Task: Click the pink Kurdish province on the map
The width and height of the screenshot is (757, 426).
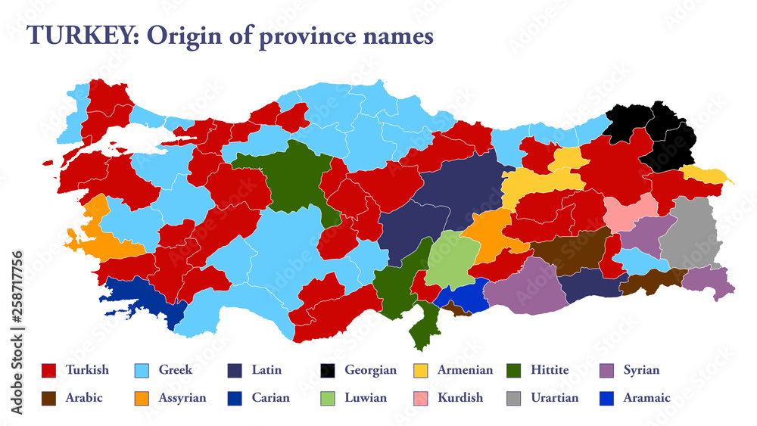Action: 630,212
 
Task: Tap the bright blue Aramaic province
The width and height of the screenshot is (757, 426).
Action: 463,297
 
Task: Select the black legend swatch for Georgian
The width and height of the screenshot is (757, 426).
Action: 327,371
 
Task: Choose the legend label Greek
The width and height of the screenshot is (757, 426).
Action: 175,371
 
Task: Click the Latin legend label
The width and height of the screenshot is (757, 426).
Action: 266,371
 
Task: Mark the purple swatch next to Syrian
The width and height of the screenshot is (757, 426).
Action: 606,371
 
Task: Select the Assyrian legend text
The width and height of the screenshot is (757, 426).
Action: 182,398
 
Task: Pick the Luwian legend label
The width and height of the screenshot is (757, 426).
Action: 366,398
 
